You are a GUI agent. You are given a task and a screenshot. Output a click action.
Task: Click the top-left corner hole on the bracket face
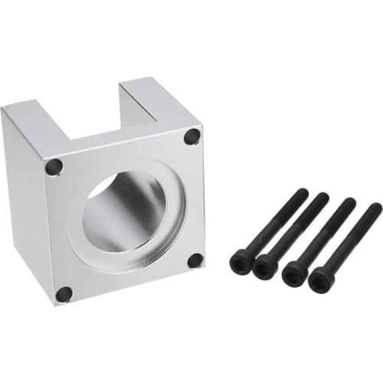pos(54,165)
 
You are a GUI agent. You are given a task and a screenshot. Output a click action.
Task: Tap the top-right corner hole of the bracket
pos(191,136)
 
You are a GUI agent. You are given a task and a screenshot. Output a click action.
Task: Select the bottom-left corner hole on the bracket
pos(64,293)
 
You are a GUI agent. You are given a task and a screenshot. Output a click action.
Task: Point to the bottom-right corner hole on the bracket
pos(195,260)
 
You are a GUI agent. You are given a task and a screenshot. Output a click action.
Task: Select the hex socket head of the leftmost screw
pos(241,263)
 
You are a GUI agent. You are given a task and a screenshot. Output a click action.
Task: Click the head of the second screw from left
pos(265,267)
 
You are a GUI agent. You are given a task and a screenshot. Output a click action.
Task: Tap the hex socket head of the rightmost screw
pos(322,280)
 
